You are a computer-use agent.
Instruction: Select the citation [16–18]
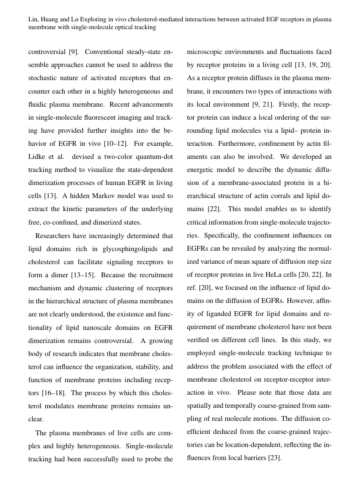54,393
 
